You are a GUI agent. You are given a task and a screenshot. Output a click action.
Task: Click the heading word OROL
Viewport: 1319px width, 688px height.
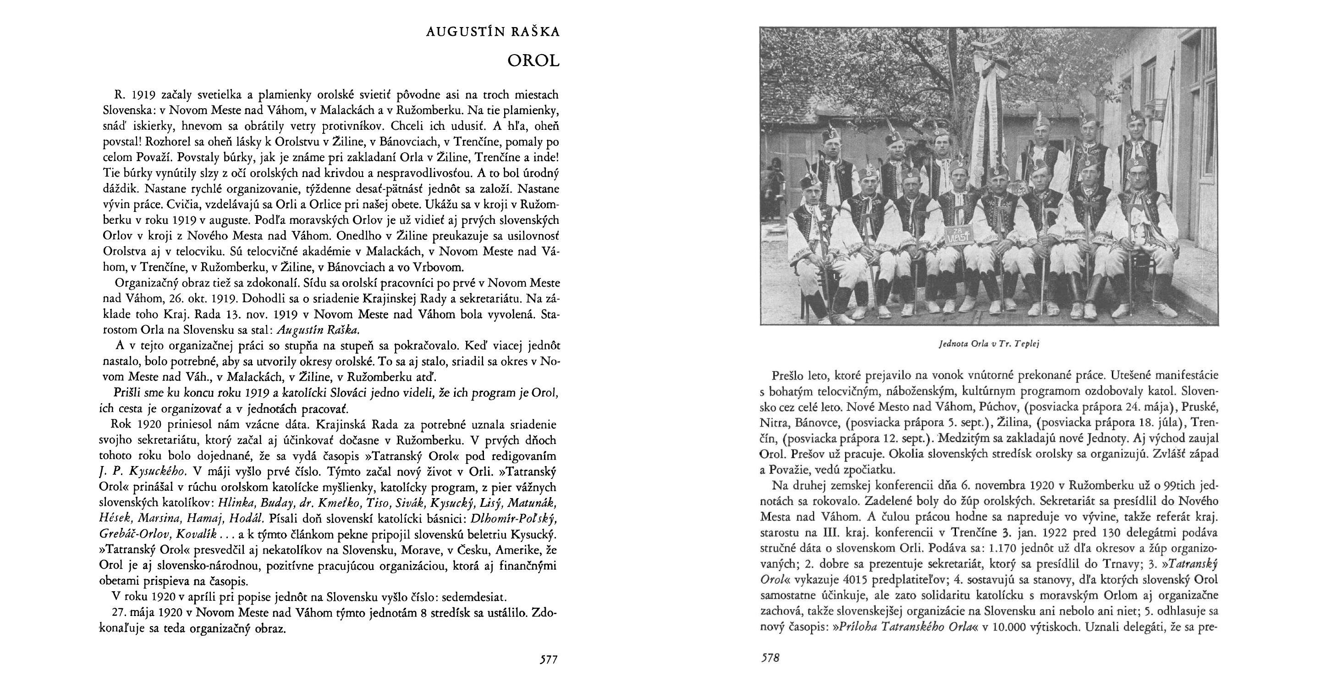click(533, 61)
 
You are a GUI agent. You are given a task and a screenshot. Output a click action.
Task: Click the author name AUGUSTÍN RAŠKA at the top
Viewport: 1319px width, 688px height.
click(493, 32)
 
